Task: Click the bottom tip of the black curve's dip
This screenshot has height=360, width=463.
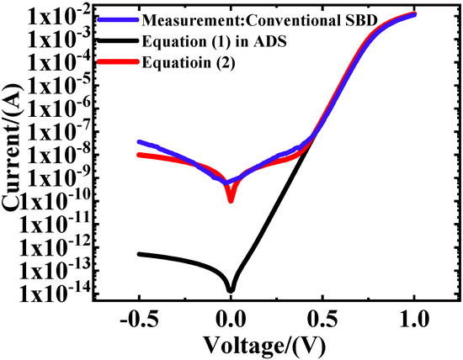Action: (231, 290)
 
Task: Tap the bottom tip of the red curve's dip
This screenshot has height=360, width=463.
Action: (231, 200)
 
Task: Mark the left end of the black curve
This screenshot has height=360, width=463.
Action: (139, 253)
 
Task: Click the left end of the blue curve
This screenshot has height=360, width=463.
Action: (139, 141)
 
